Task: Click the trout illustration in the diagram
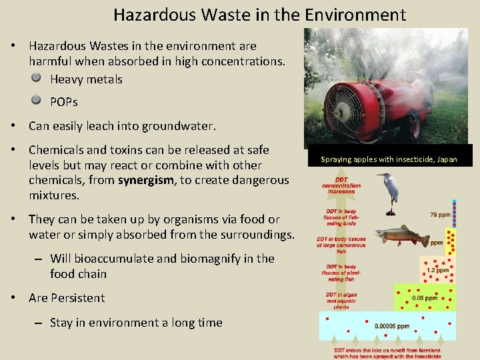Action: tap(401, 235)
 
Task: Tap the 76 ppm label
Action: tap(439, 215)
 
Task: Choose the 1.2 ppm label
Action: tap(437, 270)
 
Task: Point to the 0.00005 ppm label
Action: tap(393, 326)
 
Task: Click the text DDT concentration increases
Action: tap(341, 185)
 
